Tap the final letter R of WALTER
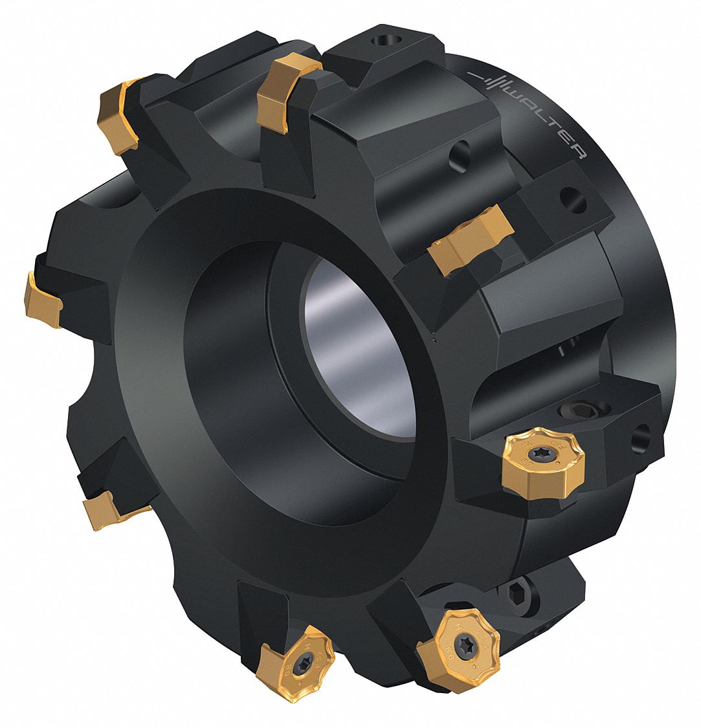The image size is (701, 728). tap(579, 153)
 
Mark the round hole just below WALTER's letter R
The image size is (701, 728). tap(573, 202)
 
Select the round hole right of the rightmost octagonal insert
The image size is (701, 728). tap(641, 437)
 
